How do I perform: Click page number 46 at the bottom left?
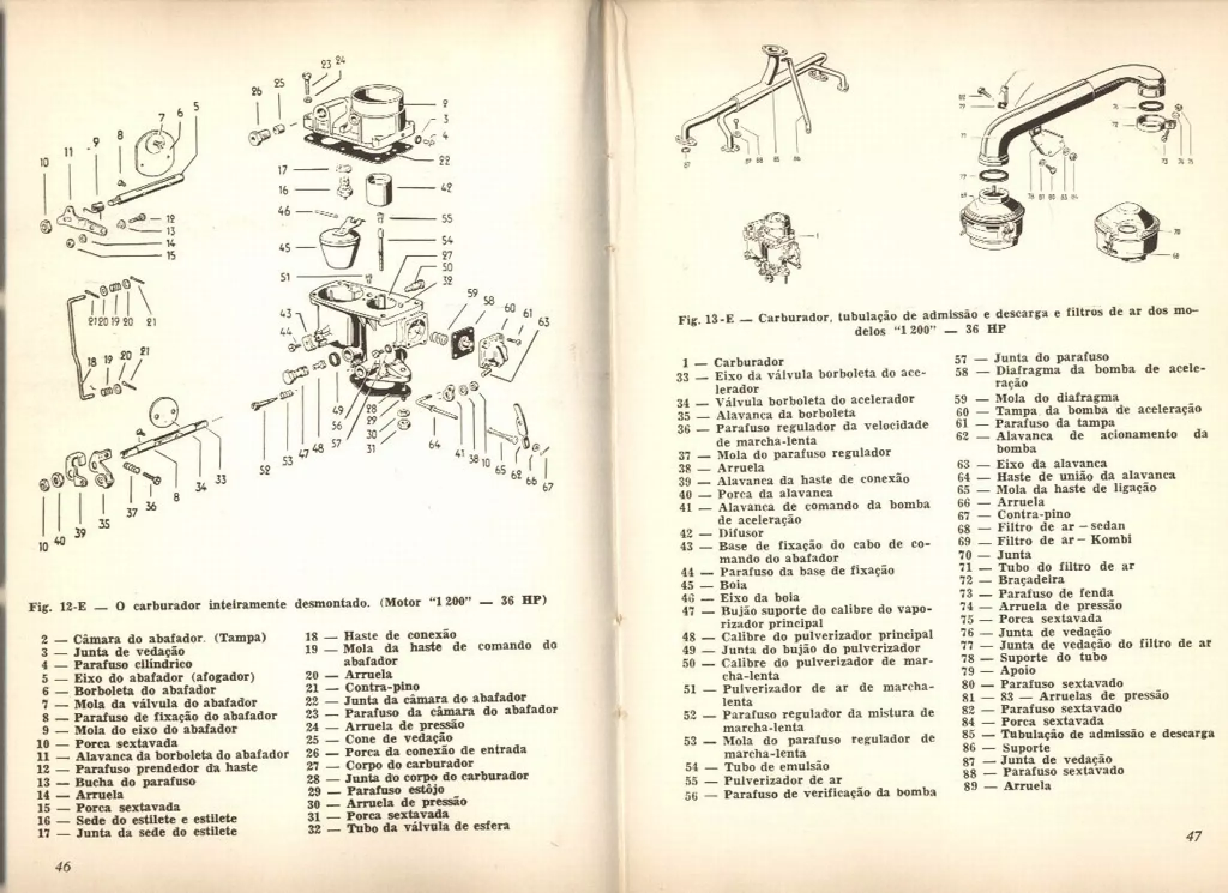coord(62,866)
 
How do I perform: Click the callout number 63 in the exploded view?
coord(544,322)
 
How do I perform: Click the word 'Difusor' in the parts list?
coord(741,533)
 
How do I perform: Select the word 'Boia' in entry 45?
coord(733,584)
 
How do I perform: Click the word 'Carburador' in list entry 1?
coord(749,362)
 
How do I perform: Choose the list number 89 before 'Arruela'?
coord(971,786)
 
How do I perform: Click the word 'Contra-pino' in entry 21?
coord(382,687)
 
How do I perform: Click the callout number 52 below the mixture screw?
coord(264,470)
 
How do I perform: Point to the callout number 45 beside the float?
coord(285,247)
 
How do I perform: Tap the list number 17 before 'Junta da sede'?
coord(43,832)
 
